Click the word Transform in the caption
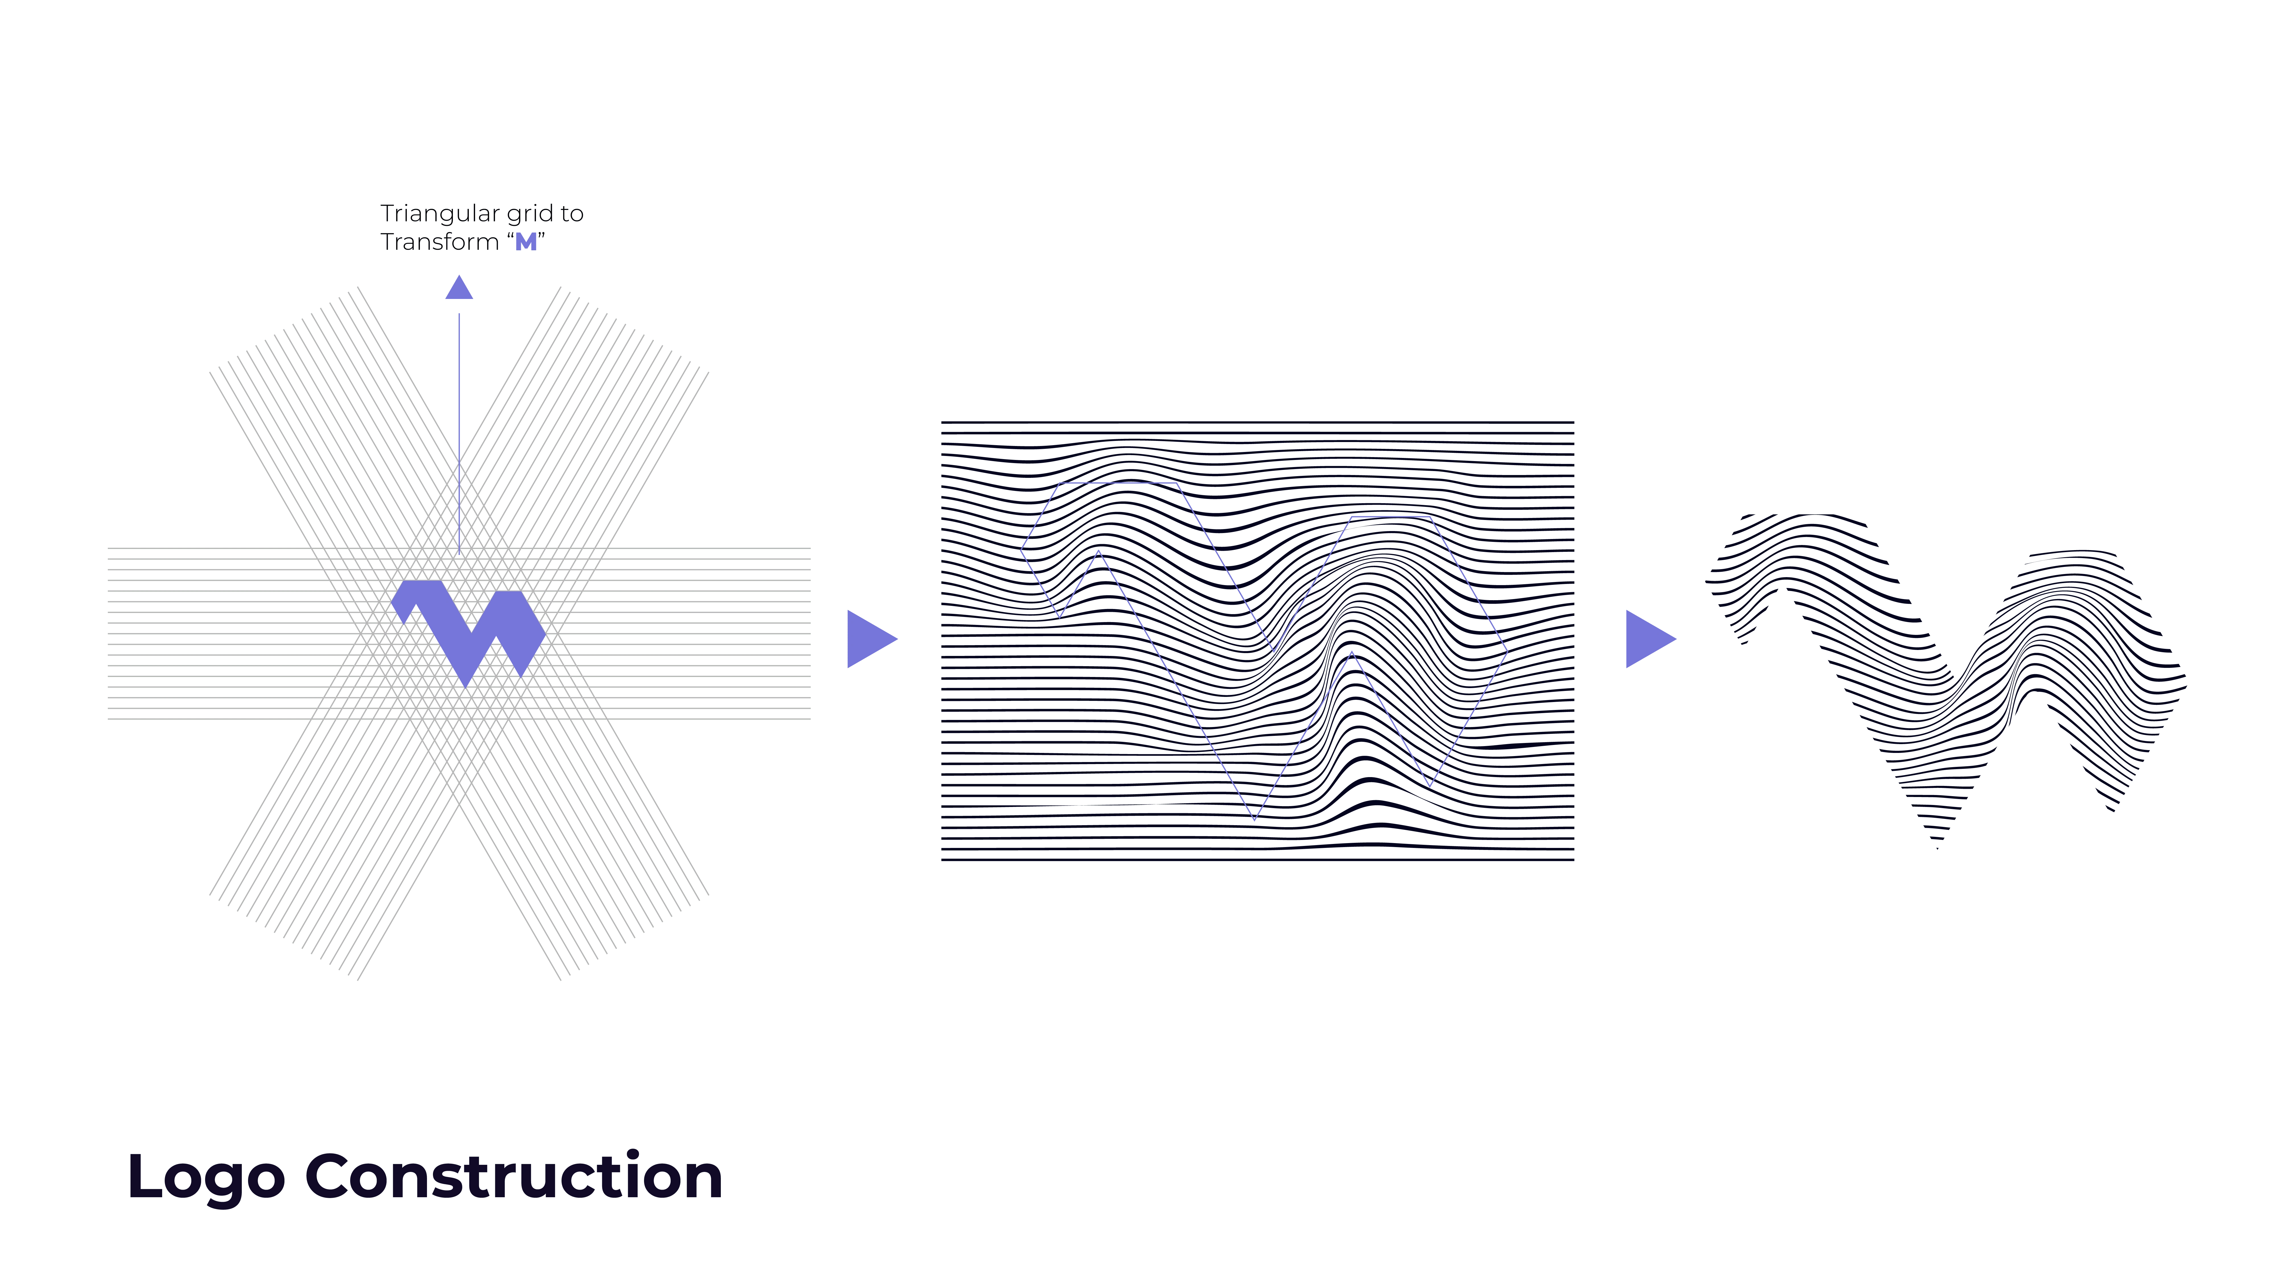point(439,242)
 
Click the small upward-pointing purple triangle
point(459,287)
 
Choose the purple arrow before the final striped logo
point(1649,639)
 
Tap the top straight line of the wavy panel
point(1257,422)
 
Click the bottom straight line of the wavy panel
point(1257,859)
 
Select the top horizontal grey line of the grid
point(459,549)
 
